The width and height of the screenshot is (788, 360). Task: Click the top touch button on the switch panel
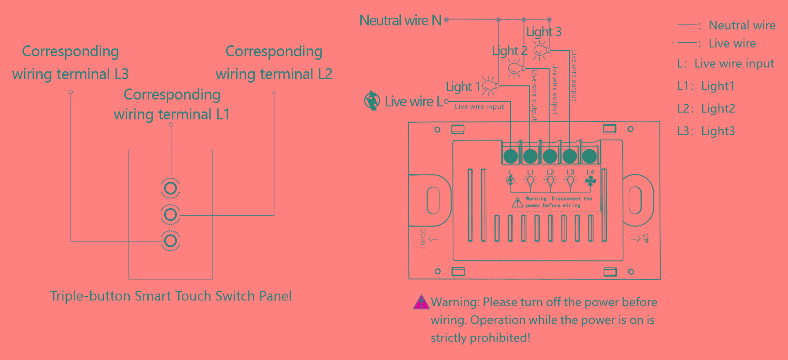171,188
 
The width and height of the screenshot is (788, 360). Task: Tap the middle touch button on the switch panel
171,215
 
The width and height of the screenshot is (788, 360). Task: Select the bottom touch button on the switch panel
171,241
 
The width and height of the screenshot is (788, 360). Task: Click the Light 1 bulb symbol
490,86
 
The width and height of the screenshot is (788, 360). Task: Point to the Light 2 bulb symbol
515,69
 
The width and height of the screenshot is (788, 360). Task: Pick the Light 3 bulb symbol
541,50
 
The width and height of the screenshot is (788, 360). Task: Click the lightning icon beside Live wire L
372,101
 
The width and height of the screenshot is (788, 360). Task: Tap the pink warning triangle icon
421,302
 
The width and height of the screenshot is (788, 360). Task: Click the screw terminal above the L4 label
590,156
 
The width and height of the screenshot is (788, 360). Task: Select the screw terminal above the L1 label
530,156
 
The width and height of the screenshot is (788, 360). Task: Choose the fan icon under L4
590,180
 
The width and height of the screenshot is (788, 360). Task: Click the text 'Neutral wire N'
400,20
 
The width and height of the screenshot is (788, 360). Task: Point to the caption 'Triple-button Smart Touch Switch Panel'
171,296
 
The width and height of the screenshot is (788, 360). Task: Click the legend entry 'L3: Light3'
706,131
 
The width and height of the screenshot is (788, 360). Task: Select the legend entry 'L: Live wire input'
725,64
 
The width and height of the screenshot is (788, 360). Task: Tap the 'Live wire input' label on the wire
479,107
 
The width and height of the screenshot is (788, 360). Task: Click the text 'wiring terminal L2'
274,74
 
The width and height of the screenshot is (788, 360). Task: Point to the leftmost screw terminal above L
510,156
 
